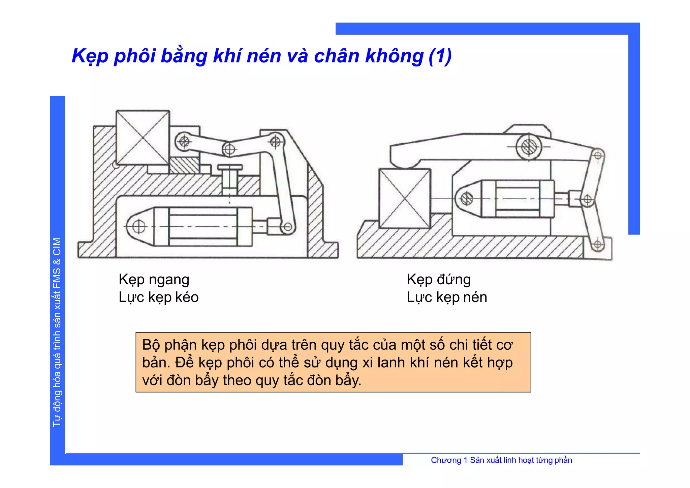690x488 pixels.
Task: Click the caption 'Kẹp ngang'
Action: pos(154,280)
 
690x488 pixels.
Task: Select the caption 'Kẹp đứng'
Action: pos(439,280)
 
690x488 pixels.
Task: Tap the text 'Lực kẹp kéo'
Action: pos(158,297)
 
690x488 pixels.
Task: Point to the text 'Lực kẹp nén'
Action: pos(447,297)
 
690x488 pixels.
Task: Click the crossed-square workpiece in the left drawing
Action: pos(143,138)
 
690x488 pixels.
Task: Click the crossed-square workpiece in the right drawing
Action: pos(405,198)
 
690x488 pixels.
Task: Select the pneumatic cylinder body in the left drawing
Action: pos(203,226)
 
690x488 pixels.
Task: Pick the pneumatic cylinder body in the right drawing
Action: pos(517,199)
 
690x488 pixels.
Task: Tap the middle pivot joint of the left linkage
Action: pos(229,149)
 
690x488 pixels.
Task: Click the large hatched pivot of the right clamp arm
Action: pos(529,147)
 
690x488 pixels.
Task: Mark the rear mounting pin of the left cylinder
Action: pos(138,226)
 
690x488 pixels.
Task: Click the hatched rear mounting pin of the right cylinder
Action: pos(467,199)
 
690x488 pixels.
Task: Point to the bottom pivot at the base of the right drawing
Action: pos(598,244)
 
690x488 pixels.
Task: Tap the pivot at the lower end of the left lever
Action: pos(288,227)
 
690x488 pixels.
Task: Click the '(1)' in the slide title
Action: pos(440,56)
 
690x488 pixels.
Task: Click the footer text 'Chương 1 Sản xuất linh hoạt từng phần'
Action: pos(501,460)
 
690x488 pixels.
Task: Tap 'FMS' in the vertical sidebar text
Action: pos(57,278)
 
